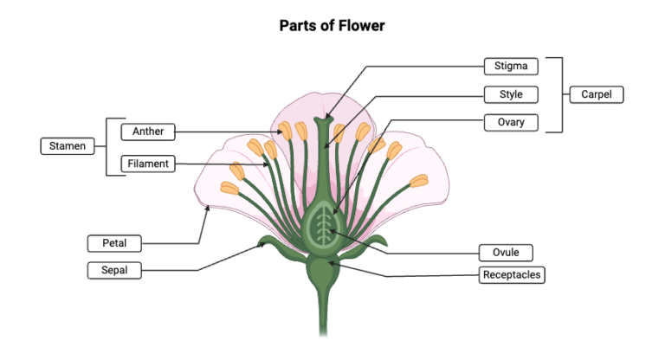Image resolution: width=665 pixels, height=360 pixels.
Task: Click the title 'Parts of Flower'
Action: coord(332,25)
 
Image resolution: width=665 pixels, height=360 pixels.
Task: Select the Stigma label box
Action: coord(511,66)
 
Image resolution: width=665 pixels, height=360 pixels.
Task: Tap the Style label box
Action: coord(511,93)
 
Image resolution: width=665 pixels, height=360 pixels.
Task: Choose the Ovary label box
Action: coord(511,122)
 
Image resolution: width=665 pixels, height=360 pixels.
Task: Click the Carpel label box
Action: coord(596,94)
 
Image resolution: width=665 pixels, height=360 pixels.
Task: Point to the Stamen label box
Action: coord(66,146)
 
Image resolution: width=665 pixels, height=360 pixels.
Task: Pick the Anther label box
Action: coord(148,132)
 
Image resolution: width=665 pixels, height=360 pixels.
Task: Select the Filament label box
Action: coord(148,163)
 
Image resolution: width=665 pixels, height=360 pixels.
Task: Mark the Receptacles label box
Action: coord(513,275)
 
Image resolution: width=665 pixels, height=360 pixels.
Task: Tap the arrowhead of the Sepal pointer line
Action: coord(265,246)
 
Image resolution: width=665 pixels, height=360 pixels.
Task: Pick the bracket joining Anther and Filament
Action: coord(108,146)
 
